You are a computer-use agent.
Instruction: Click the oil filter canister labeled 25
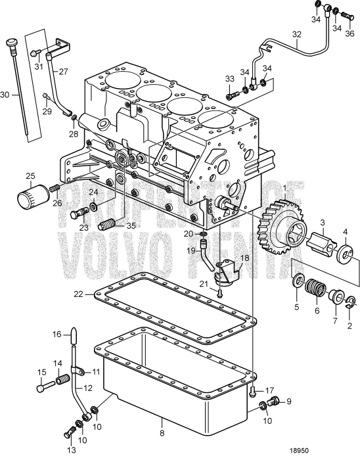[32, 196]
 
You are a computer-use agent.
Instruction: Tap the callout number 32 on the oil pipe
[297, 34]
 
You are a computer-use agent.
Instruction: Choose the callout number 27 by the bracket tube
[64, 72]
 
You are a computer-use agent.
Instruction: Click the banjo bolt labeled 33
[232, 96]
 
